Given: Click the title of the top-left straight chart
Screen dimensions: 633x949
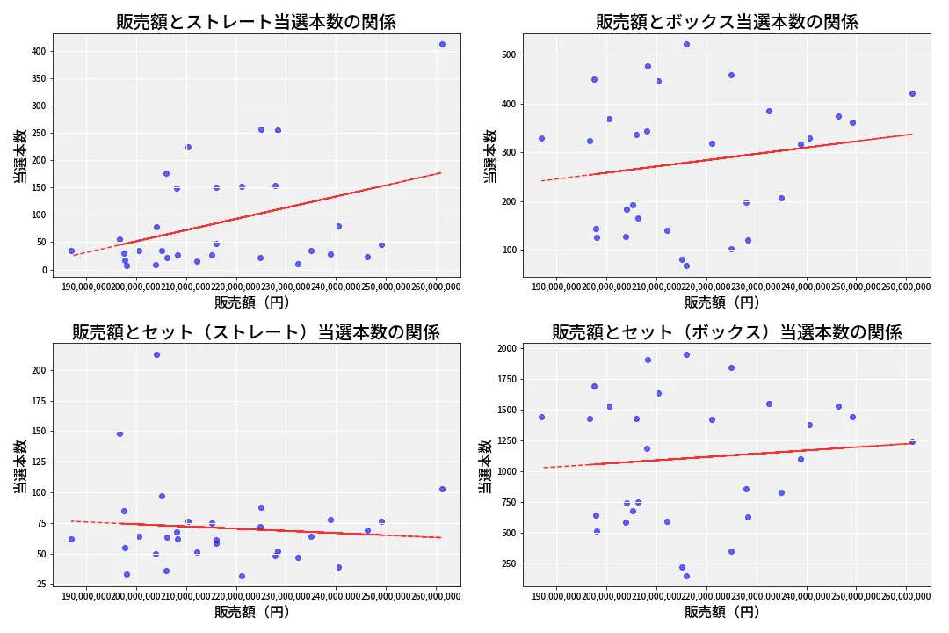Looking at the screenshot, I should pos(256,22).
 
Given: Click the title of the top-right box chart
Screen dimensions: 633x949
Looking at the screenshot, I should pos(727,22).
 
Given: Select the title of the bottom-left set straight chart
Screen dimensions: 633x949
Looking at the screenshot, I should pos(256,332).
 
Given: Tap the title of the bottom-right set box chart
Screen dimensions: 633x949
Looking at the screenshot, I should pos(727,332).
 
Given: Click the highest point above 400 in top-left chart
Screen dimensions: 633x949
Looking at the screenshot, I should pos(442,44).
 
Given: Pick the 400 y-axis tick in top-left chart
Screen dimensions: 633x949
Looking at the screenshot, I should pos(39,51).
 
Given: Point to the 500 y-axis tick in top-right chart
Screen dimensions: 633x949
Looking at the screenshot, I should pos(510,55).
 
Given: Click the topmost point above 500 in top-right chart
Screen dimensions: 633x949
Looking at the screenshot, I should pos(686,44).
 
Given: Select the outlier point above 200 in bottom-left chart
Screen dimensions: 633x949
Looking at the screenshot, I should pos(156,354).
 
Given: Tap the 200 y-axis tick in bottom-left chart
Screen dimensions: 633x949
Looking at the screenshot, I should pos(39,370).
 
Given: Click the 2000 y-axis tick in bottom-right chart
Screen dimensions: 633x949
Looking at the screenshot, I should pos(507,348).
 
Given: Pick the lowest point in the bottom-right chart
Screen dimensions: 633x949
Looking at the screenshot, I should pos(686,576).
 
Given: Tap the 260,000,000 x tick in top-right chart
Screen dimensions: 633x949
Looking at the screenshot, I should pos(905,286).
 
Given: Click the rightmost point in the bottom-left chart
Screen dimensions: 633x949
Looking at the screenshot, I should pos(442,489).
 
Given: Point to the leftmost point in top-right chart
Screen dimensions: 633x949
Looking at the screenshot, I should pos(541,138).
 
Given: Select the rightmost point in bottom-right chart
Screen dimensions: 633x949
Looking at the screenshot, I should pos(912,441).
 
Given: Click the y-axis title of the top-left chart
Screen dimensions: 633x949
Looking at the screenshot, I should pos(18,156).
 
